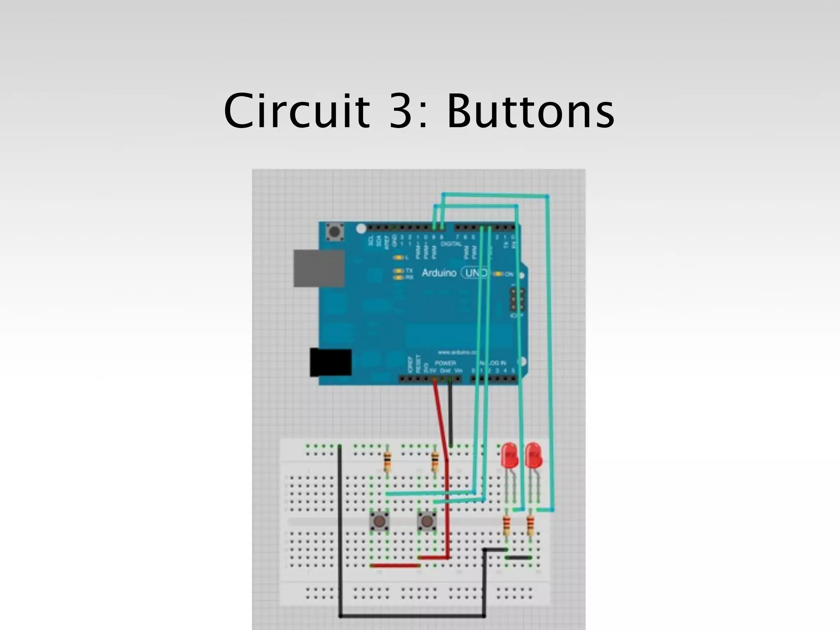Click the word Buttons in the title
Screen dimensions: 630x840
tap(531, 111)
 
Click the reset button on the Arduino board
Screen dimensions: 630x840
tap(334, 233)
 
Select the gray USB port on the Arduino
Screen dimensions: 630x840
tap(319, 268)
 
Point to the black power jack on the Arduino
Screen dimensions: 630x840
tap(331, 362)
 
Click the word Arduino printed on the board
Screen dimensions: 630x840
tap(438, 273)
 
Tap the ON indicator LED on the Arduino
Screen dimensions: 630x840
tap(499, 274)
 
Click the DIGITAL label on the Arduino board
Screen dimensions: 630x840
tap(451, 244)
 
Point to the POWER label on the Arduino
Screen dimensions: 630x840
tap(445, 363)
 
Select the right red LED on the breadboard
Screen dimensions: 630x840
tap(534, 454)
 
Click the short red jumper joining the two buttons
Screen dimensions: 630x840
tap(395, 566)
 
